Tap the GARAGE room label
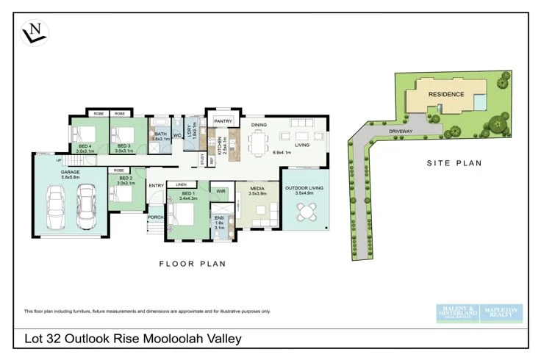(71, 173)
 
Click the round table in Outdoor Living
(304, 212)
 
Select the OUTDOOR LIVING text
(304, 187)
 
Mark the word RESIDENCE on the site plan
(446, 94)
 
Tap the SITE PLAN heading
(454, 163)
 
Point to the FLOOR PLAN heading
(193, 263)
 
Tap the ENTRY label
(157, 185)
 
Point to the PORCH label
(155, 217)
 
